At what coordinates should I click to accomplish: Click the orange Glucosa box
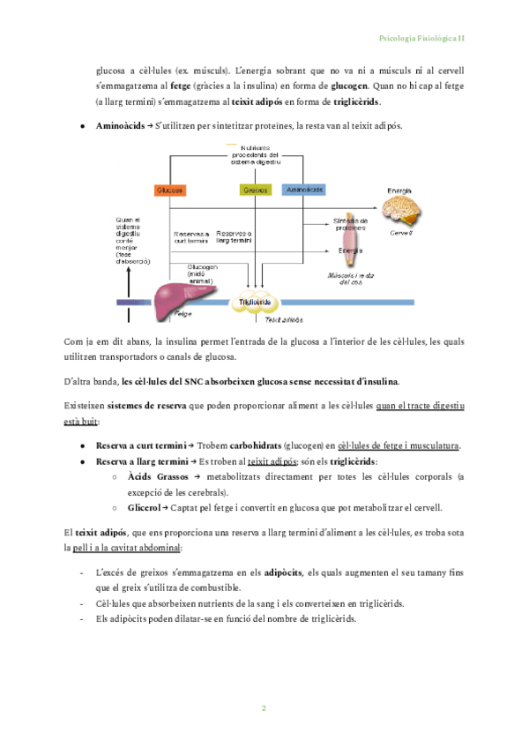(169, 190)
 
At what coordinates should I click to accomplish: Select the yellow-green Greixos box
(255, 190)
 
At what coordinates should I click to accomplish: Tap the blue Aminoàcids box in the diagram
(303, 190)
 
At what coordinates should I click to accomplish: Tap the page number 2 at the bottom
(264, 708)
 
